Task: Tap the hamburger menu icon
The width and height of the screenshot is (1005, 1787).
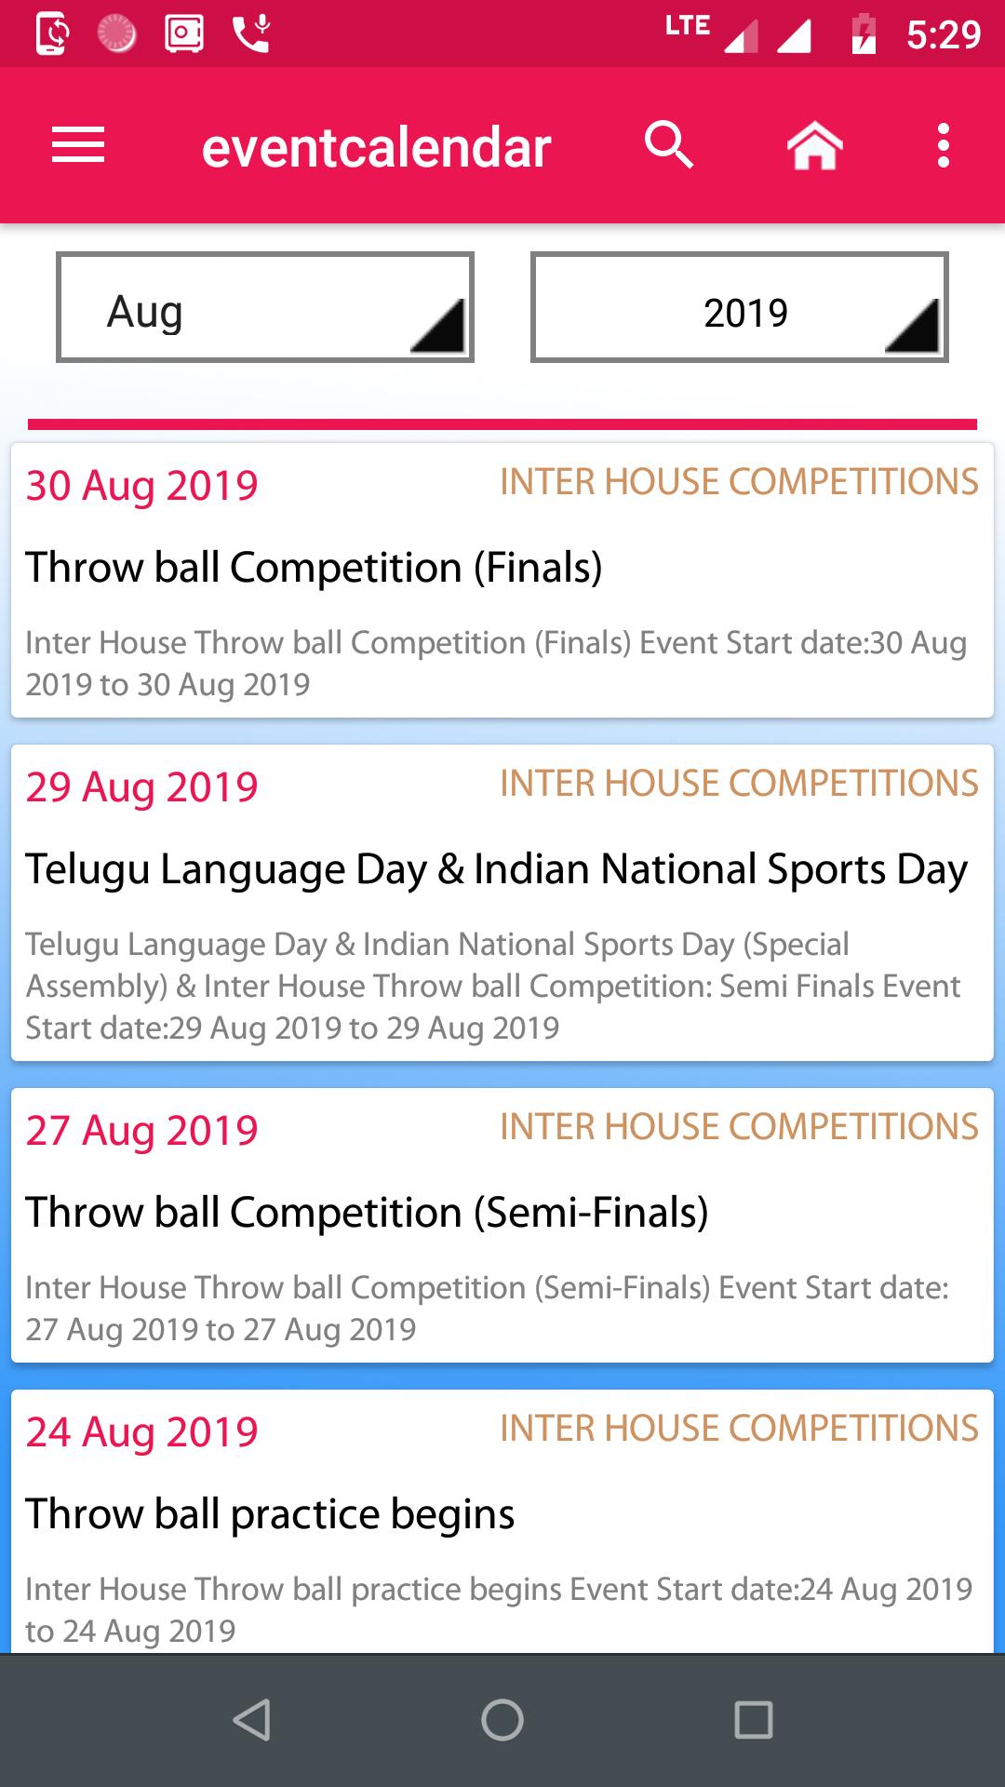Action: (x=78, y=146)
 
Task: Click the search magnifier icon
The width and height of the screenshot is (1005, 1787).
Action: (x=669, y=145)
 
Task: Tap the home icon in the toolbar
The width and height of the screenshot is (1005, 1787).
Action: (x=814, y=146)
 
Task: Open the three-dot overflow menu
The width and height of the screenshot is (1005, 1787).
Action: (x=944, y=146)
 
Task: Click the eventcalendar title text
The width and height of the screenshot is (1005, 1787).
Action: (x=376, y=148)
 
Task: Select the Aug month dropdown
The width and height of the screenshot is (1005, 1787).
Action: (x=265, y=307)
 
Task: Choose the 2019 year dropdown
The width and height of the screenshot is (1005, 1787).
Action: (x=740, y=307)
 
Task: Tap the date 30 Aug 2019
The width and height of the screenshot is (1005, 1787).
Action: (x=141, y=486)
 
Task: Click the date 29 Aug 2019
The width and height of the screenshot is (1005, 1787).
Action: (x=141, y=787)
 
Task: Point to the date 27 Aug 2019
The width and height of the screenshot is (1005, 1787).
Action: (x=141, y=1131)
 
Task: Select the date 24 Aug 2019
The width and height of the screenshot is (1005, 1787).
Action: (x=141, y=1432)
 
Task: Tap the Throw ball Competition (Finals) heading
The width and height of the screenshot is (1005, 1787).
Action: (x=314, y=568)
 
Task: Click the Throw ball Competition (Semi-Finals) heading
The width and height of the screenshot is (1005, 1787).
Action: (x=367, y=1213)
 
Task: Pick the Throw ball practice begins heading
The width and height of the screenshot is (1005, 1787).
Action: (x=270, y=1514)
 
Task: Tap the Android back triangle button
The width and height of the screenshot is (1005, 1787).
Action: (x=252, y=1719)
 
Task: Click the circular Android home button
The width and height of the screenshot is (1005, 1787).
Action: (x=502, y=1719)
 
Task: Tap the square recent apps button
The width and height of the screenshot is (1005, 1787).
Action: (x=754, y=1719)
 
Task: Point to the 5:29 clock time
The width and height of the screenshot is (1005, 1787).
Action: (x=944, y=35)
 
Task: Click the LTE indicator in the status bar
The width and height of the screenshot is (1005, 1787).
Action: (x=688, y=26)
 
